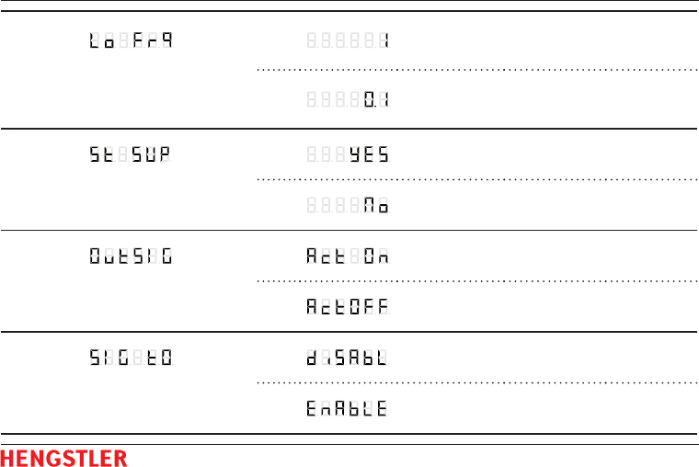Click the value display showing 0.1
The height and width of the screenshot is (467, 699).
coord(348,98)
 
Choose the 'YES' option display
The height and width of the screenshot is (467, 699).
coord(348,155)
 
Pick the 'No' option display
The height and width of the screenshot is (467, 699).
coord(348,207)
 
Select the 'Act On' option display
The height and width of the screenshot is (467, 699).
coord(348,256)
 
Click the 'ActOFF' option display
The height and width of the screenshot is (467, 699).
coord(348,308)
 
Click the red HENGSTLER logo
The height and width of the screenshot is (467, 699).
coord(63,457)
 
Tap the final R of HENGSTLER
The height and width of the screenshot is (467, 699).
coord(120,457)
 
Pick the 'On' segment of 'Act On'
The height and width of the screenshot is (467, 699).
coord(375,256)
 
